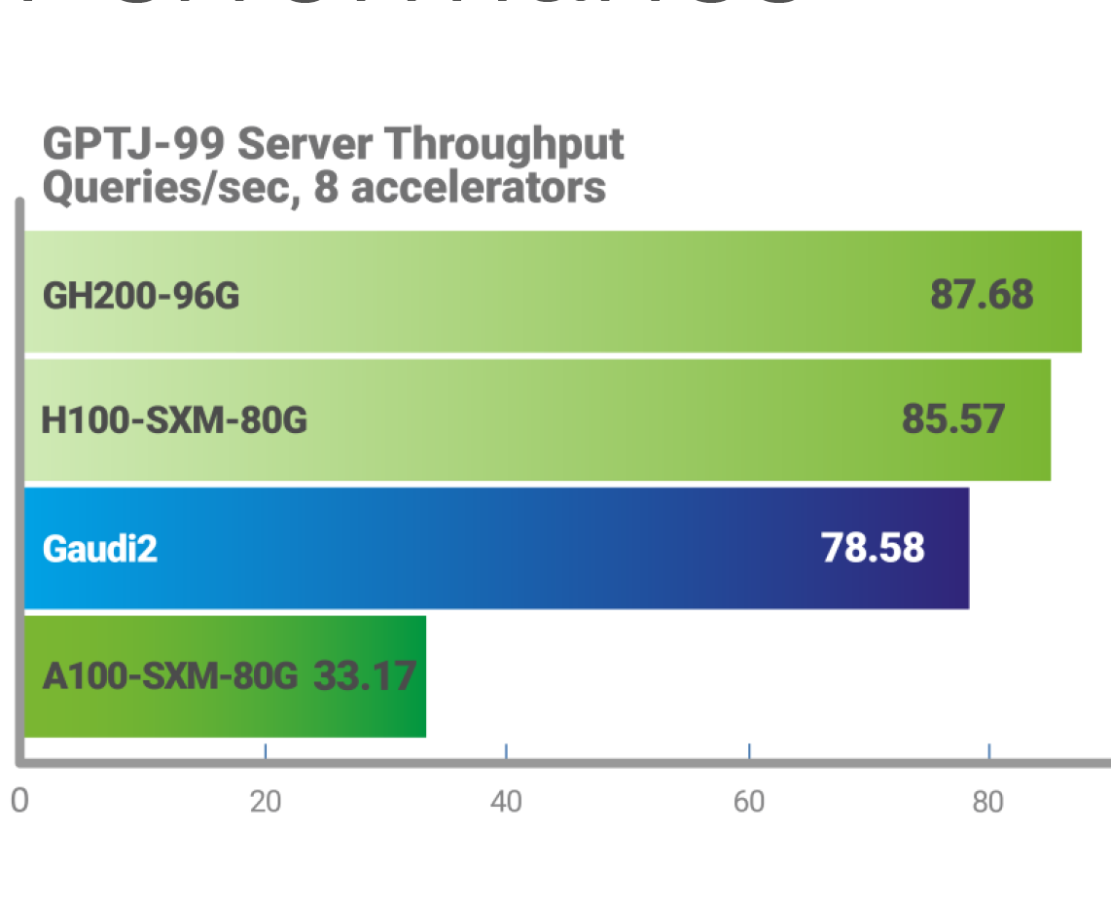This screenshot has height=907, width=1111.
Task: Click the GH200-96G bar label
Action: click(141, 295)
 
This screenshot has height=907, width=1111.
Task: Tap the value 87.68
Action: click(982, 293)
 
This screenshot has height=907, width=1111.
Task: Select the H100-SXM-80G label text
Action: click(174, 421)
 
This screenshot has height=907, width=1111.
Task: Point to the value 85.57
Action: click(952, 418)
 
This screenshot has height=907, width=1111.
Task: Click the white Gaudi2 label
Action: click(100, 550)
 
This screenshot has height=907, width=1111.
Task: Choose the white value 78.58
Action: click(873, 548)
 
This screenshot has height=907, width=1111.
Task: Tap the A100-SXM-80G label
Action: click(169, 675)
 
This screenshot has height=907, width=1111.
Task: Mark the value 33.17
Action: click(365, 674)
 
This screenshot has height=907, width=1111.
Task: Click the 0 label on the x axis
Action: click(18, 802)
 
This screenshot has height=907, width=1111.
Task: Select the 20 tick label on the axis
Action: click(265, 802)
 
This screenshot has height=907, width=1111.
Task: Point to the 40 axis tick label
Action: click(506, 802)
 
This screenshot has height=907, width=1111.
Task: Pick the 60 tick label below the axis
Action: click(748, 802)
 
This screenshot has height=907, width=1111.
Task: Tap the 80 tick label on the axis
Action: click(988, 802)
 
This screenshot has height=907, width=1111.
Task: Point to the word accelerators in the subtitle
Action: click(478, 186)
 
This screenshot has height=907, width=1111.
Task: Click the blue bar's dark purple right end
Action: click(949, 548)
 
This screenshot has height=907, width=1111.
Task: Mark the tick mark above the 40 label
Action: click(506, 751)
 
